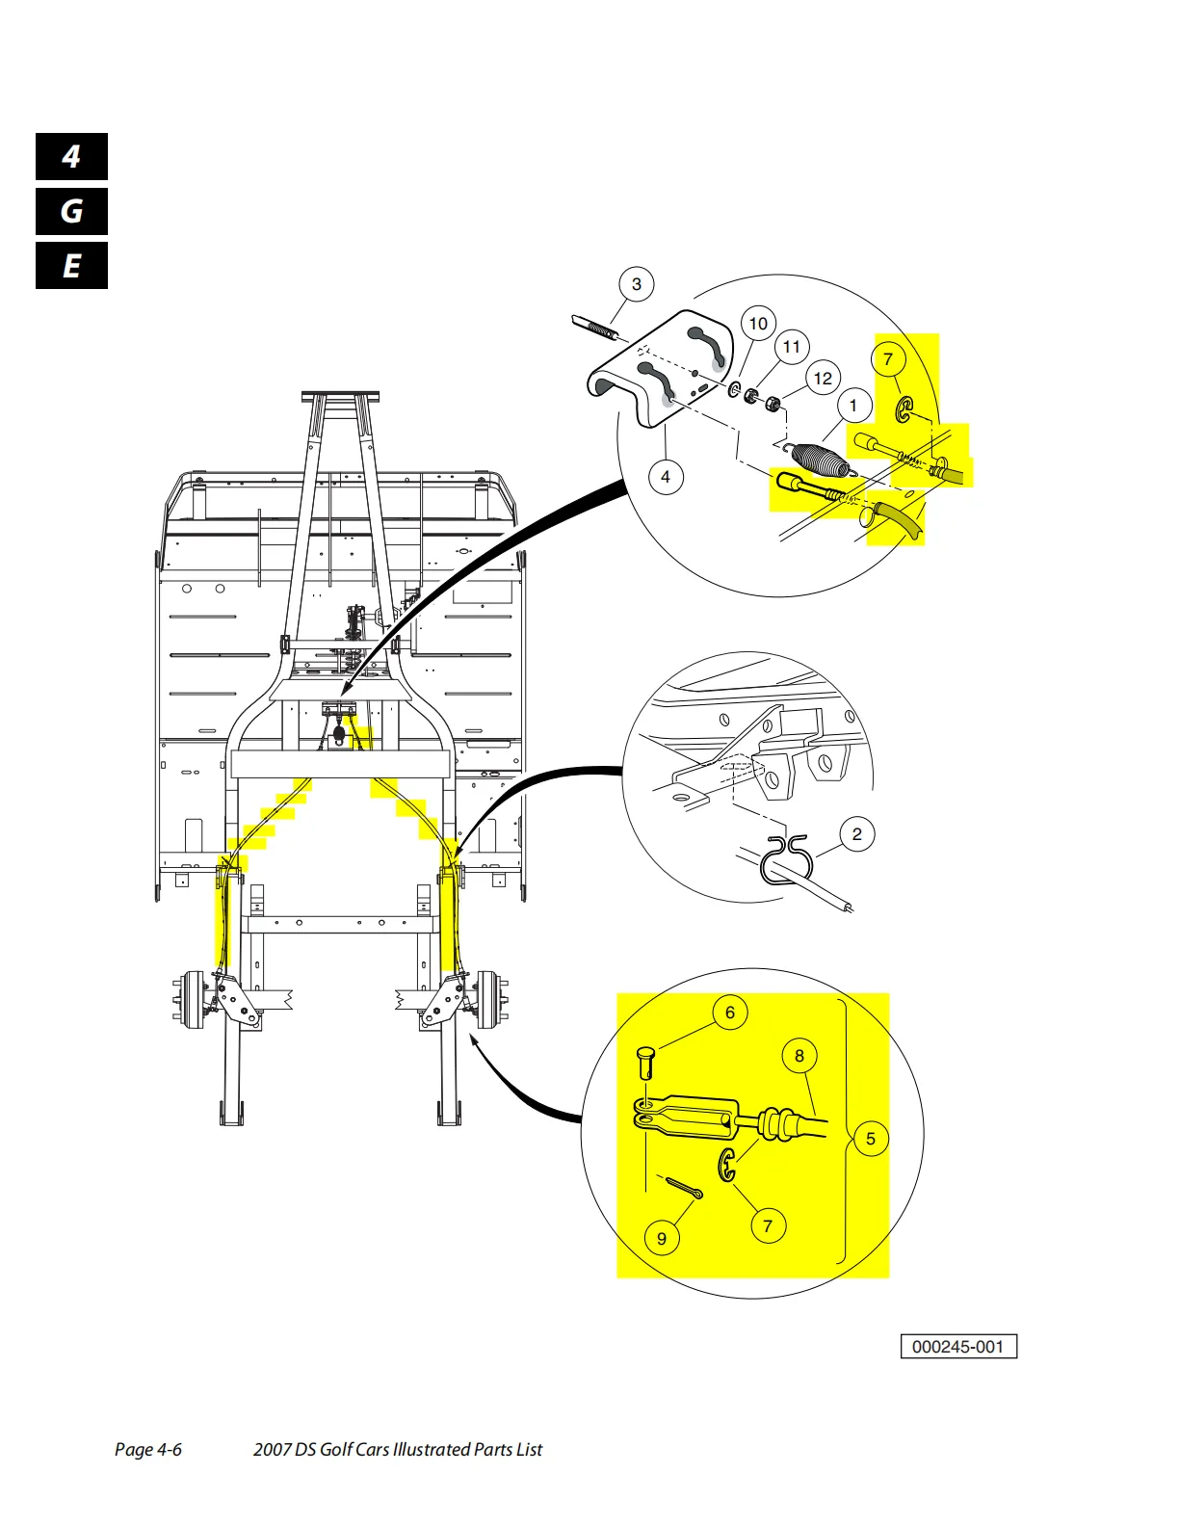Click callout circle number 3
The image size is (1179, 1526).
pyautogui.click(x=636, y=284)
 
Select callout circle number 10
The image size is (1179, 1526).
pyautogui.click(x=758, y=324)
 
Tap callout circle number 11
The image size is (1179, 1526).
pyautogui.click(x=791, y=347)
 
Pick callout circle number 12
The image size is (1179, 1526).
pyautogui.click(x=822, y=379)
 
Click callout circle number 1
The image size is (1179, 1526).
pyautogui.click(x=852, y=406)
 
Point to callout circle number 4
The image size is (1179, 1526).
pyautogui.click(x=665, y=476)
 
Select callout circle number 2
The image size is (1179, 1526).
pyautogui.click(x=856, y=834)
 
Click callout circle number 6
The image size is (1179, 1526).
pyautogui.click(x=729, y=1013)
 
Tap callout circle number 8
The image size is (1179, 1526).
pyautogui.click(x=799, y=1056)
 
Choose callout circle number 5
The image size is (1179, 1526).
pyautogui.click(x=870, y=1139)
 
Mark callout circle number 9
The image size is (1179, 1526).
pyautogui.click(x=661, y=1238)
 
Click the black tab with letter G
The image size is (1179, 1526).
pyautogui.click(x=71, y=211)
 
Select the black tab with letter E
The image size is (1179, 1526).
pyautogui.click(x=71, y=266)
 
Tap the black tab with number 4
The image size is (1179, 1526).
pyautogui.click(x=71, y=157)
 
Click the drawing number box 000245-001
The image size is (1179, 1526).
pyautogui.click(x=957, y=1347)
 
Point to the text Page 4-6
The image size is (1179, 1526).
pyautogui.click(x=147, y=1450)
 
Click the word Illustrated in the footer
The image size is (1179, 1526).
pyautogui.click(x=441, y=1450)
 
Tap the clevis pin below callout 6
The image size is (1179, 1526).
pyautogui.click(x=647, y=1064)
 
